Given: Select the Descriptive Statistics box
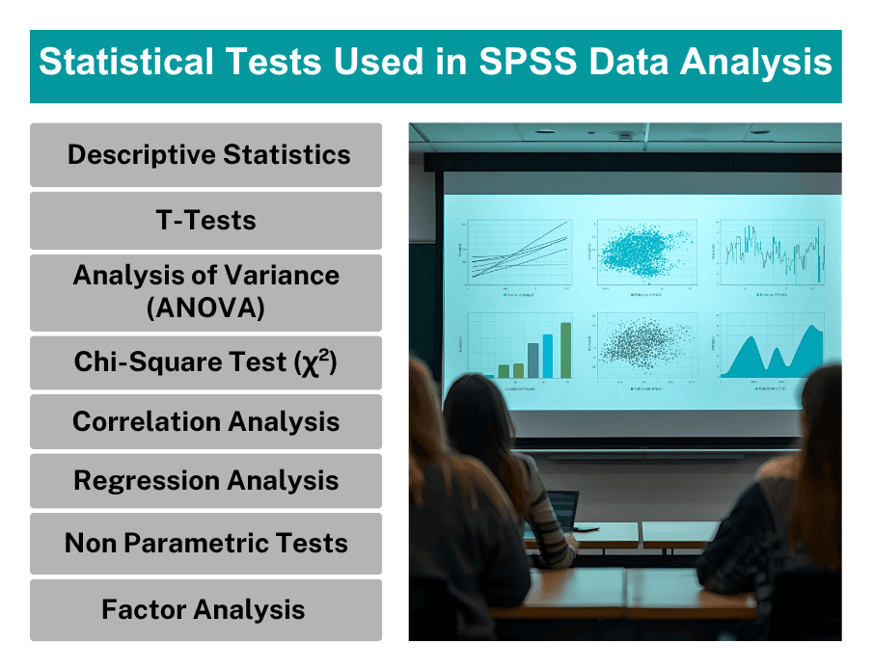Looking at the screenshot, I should pos(206,155).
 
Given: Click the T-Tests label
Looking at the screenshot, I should pos(206,221).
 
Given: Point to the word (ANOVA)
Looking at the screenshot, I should pos(206,308).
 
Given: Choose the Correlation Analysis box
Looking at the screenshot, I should pos(206,421).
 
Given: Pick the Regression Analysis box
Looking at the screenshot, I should pos(206,481).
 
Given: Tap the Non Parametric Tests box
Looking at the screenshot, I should pos(206,543).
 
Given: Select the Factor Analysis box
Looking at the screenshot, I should pos(206,609).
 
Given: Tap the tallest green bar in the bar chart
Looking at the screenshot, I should pos(566,350).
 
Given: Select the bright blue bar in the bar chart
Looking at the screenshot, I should pos(549,356).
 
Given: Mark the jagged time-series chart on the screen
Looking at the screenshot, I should pos(772,252).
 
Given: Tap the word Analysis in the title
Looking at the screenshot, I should pos(755,63).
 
